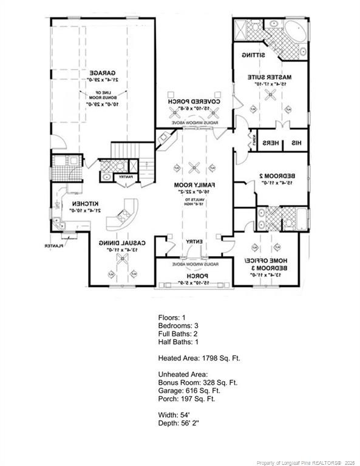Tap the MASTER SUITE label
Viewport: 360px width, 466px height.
pos(270,77)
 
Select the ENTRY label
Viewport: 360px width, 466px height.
pos(194,241)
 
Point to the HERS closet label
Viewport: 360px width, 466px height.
pos(270,143)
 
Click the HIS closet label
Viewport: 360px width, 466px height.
pos(298,143)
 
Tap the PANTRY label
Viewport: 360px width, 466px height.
pos(126,177)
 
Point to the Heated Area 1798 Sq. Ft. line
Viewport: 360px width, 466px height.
pos(199,358)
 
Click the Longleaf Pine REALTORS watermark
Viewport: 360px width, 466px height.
pos(304,462)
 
